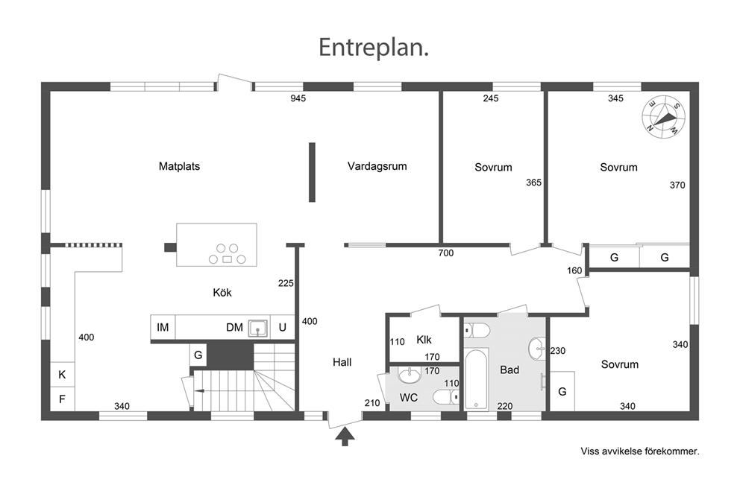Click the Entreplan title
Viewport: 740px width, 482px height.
click(x=373, y=48)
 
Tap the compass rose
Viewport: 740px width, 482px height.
click(x=664, y=117)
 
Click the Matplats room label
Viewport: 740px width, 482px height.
click(x=179, y=166)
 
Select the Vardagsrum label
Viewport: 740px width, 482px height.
click(x=377, y=166)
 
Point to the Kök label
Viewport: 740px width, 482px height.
click(x=222, y=293)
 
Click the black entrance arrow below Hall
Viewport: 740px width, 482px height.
click(x=345, y=437)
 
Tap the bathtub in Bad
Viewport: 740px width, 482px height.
click(x=476, y=380)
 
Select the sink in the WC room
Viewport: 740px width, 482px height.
click(x=410, y=375)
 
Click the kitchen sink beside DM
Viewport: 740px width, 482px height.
click(x=257, y=328)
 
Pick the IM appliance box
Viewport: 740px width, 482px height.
click(x=163, y=327)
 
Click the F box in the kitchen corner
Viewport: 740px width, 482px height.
click(x=63, y=399)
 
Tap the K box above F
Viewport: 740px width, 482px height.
click(x=63, y=375)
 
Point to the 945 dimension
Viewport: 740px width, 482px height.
click(x=298, y=98)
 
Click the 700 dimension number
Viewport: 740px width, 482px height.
click(x=446, y=253)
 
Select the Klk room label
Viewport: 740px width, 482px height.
click(x=424, y=340)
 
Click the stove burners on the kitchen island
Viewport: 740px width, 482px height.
click(x=227, y=254)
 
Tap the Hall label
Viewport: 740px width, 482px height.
click(x=342, y=362)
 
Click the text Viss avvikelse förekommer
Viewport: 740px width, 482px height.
click(x=640, y=451)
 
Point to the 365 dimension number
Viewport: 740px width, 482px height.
click(x=534, y=183)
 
